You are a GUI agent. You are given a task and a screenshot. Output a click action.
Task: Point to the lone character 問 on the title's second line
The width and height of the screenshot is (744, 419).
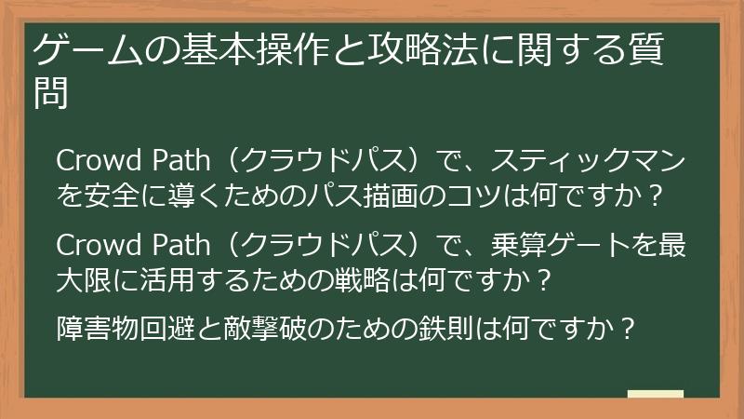(x=52, y=95)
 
